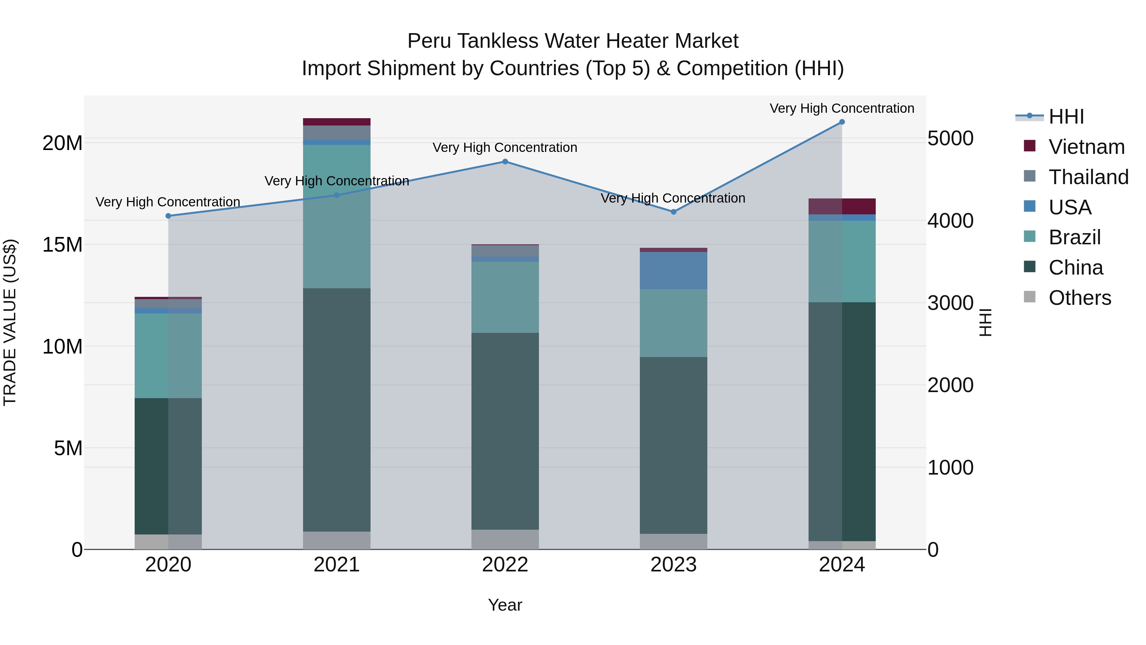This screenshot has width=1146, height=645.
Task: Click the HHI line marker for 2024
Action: (842, 122)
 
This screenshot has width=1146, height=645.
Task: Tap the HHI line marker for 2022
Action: (505, 161)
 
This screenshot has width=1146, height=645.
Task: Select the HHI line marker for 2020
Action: (168, 216)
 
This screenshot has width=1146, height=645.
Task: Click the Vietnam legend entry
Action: (1086, 147)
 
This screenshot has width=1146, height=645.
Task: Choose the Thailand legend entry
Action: (1088, 177)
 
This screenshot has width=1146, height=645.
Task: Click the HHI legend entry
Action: (1066, 117)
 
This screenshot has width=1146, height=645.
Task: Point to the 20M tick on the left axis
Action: (62, 143)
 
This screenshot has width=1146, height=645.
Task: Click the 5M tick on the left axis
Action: (68, 448)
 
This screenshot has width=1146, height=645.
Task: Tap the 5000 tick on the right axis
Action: (951, 139)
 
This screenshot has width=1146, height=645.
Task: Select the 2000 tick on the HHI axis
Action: (951, 385)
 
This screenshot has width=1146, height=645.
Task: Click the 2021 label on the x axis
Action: (337, 565)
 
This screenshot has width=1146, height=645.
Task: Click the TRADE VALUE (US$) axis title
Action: (10, 322)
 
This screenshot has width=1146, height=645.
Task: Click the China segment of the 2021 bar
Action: (337, 410)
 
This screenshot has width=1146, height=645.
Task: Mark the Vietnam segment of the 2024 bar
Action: (842, 206)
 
